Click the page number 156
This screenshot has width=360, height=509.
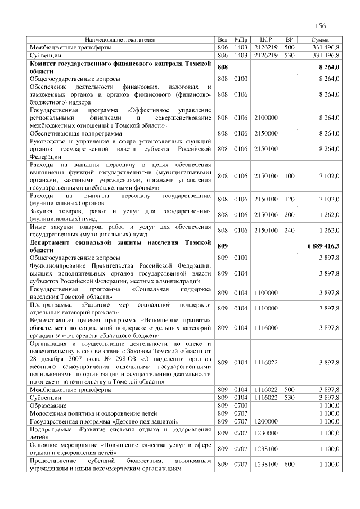point(321,26)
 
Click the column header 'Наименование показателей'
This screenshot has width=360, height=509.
point(120,40)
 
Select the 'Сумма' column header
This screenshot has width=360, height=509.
point(323,40)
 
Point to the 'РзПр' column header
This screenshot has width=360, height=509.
point(240,40)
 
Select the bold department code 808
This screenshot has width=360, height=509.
point(222,67)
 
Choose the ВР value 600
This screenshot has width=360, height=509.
point(290,465)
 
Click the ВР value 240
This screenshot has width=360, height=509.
point(290,230)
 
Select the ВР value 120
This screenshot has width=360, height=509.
point(290,199)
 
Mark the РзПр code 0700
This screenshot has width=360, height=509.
point(240,405)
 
